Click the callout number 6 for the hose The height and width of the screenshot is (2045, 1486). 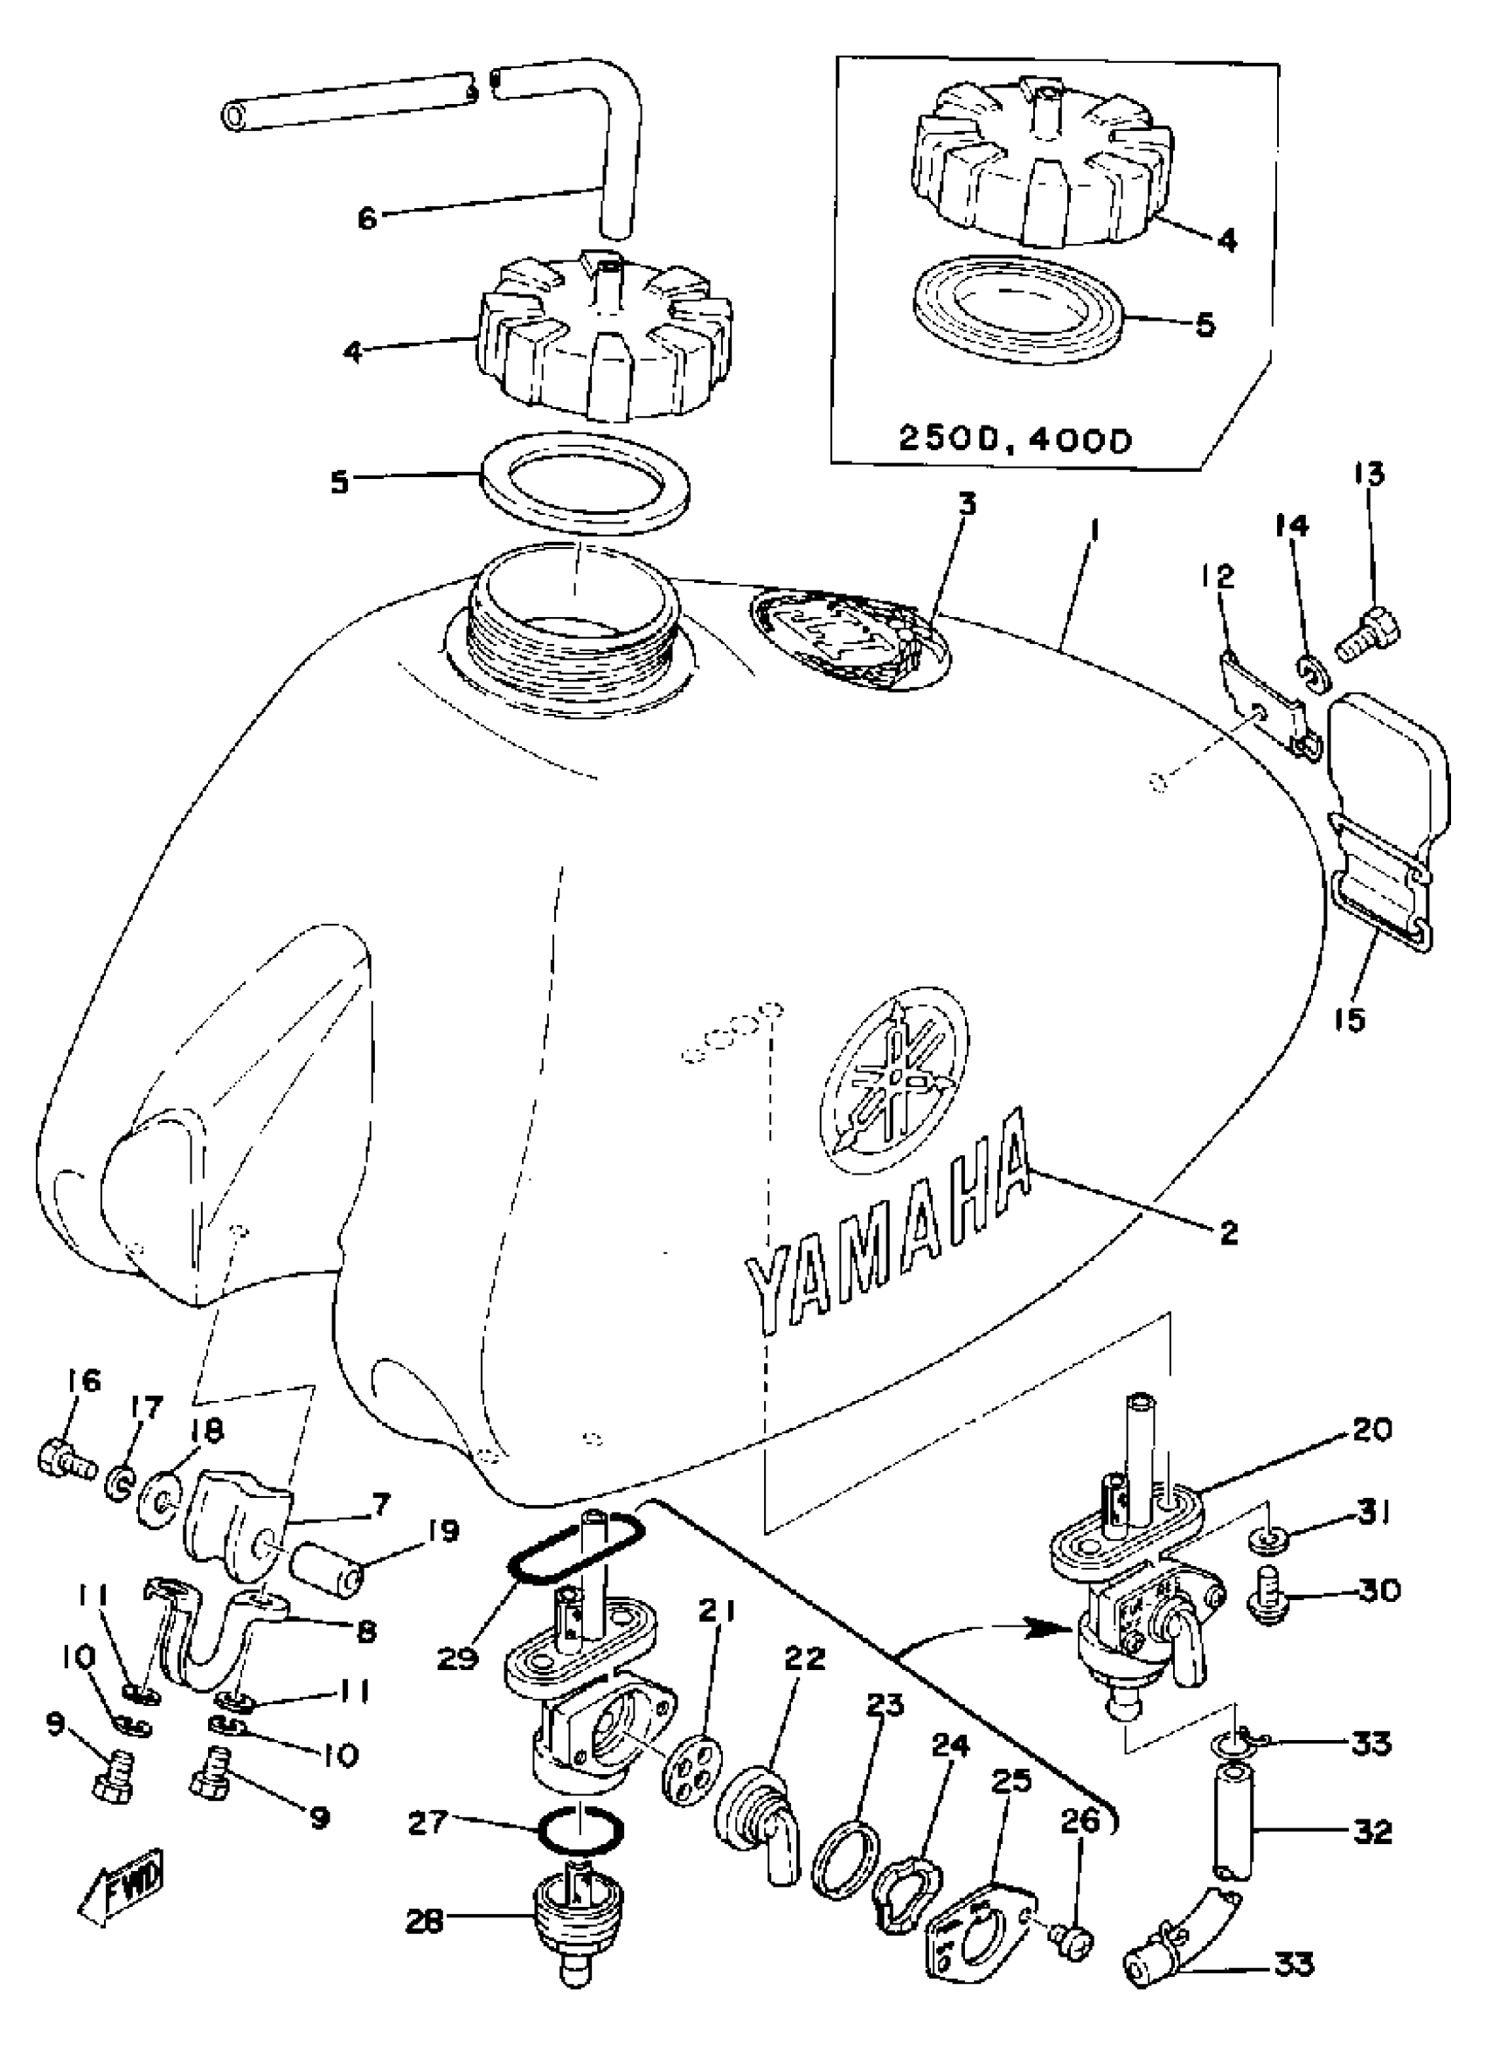pos(367,218)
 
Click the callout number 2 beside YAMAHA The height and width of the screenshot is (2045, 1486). pos(1228,1232)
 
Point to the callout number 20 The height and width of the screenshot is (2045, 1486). pos(1371,1430)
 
